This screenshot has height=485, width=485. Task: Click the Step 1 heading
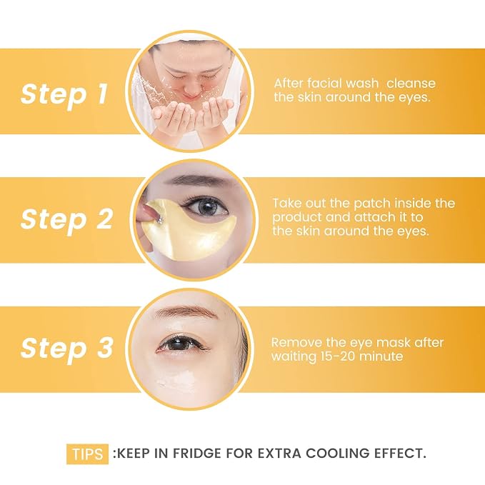pos(64,94)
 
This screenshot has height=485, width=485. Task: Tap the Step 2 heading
pos(66,219)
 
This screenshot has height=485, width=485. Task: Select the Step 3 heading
pos(66,348)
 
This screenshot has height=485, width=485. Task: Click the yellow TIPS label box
pos(88,454)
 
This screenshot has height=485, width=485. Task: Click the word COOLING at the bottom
pos(337,454)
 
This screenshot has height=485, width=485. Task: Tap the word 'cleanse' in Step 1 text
pos(411,83)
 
